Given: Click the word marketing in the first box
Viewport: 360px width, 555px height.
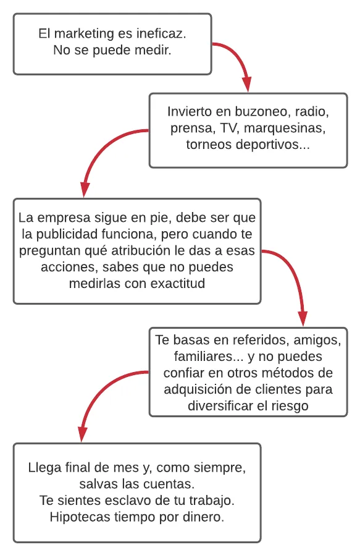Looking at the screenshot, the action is point(84,34).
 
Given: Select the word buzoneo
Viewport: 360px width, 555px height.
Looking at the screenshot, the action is point(261,111).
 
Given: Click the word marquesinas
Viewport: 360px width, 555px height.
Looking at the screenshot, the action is point(285,129).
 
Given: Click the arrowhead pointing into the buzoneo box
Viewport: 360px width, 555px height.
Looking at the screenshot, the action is point(247,84).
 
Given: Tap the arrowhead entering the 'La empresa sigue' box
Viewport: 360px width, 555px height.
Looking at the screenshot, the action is point(85,189).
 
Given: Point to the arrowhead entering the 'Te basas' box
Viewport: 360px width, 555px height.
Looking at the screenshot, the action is point(303,318).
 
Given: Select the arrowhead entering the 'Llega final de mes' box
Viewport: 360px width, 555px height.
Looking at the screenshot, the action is point(82,434).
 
